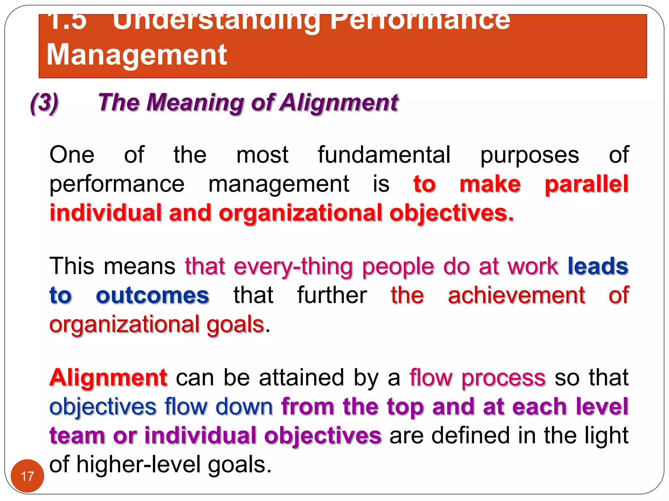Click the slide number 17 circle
(x=27, y=476)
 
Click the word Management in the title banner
(x=137, y=55)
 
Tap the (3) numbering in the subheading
(x=44, y=103)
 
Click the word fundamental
(x=384, y=155)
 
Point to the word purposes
(x=530, y=155)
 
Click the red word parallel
(x=587, y=184)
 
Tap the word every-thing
(x=293, y=267)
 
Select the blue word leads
(x=598, y=266)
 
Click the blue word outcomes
(x=153, y=296)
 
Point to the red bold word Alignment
(x=108, y=378)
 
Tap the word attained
(x=302, y=378)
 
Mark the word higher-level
(x=139, y=464)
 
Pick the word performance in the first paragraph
(x=117, y=185)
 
